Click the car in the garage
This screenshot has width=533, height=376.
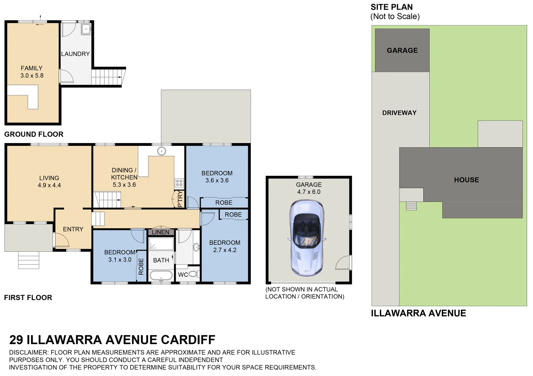[307, 238]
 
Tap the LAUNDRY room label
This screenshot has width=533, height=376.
[75, 54]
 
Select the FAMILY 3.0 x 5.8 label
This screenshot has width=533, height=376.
[32, 72]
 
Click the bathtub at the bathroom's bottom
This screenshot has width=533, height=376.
[161, 276]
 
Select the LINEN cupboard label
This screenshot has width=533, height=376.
[160, 232]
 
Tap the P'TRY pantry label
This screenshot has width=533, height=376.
[180, 199]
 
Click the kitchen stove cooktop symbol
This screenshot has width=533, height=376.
[179, 183]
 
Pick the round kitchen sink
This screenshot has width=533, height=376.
[161, 151]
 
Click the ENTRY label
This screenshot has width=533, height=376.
[73, 229]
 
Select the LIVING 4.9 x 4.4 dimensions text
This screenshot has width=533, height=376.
[49, 185]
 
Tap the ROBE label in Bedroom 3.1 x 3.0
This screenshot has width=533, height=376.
[141, 267]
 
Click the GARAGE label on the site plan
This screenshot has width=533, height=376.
[402, 50]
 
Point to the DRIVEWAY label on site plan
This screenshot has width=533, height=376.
[399, 113]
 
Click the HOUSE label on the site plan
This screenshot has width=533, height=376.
[466, 180]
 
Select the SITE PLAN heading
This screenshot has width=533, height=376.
[392, 7]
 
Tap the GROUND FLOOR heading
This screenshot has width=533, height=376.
[34, 134]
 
